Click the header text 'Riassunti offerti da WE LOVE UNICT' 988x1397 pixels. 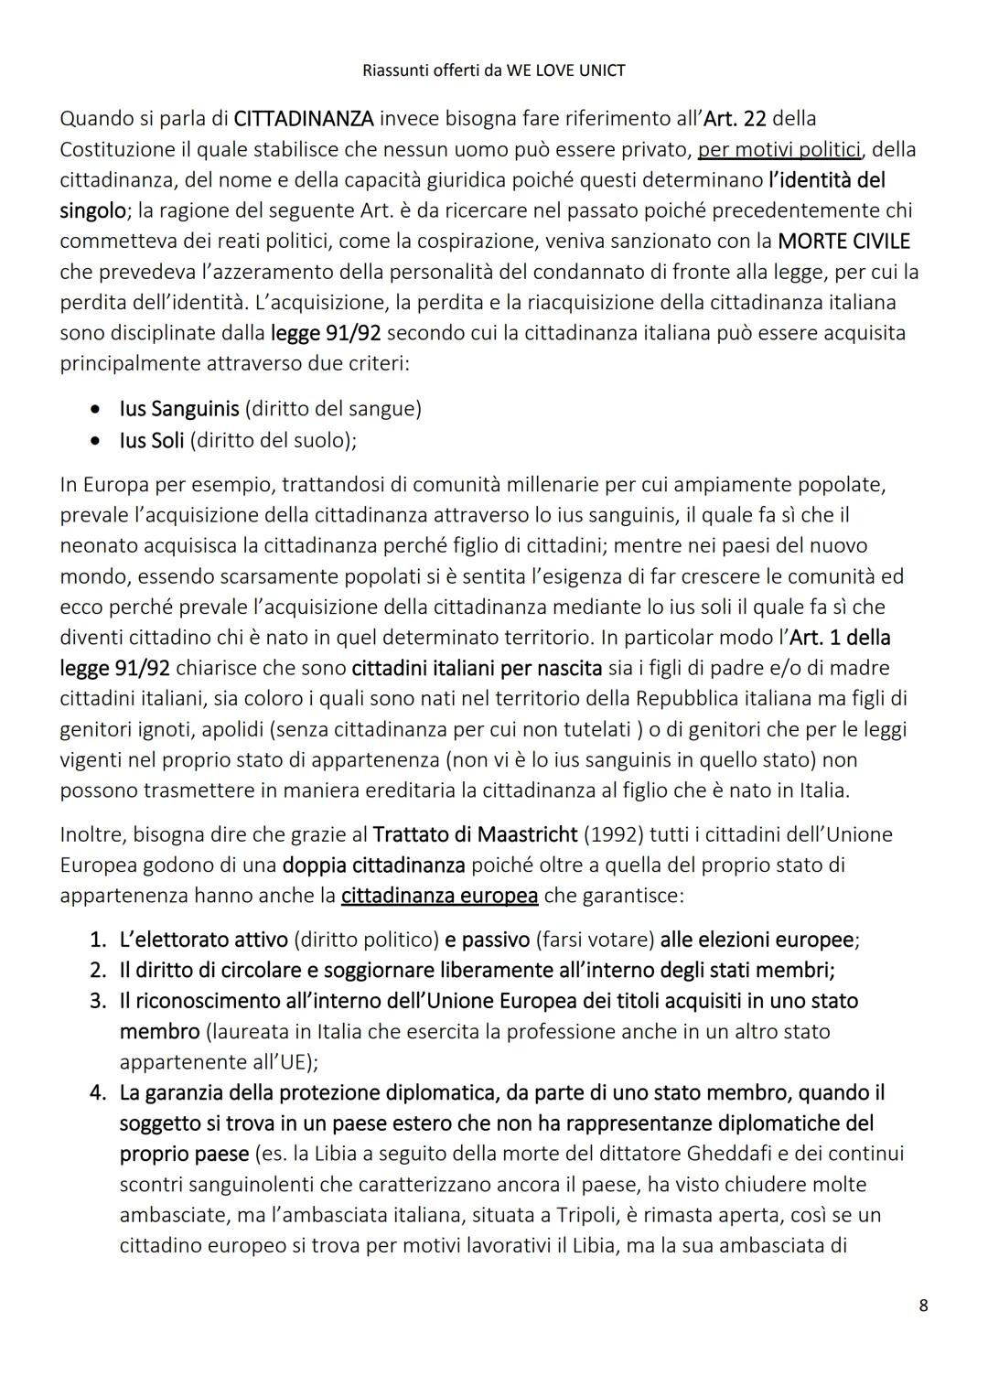[494, 70]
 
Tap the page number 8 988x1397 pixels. [923, 1306]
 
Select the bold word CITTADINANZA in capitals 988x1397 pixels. [304, 119]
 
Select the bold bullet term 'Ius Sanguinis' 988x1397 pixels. [179, 409]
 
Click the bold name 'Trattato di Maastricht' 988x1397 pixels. [476, 834]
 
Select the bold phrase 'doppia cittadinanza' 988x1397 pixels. [373, 865]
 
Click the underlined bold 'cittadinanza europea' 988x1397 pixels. [439, 896]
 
